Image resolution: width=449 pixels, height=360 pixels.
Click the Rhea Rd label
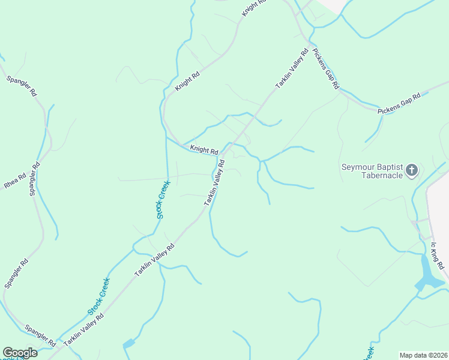[14, 181]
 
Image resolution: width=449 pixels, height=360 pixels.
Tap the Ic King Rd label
[437, 256]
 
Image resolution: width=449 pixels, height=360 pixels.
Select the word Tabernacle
[382, 175]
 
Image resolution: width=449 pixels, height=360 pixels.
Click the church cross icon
[412, 170]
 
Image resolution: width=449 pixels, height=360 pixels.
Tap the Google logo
[20, 353]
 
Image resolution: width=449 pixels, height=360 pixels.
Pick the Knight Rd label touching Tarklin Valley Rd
[203, 149]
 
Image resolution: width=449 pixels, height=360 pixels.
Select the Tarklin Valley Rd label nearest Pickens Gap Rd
[292, 68]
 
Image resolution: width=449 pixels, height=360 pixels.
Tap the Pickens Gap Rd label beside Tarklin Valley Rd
[326, 70]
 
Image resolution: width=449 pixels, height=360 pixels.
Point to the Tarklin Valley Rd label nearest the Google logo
[84, 329]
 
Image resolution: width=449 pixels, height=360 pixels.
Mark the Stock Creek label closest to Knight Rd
[161, 200]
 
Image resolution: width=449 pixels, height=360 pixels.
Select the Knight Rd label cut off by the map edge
[253, 8]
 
